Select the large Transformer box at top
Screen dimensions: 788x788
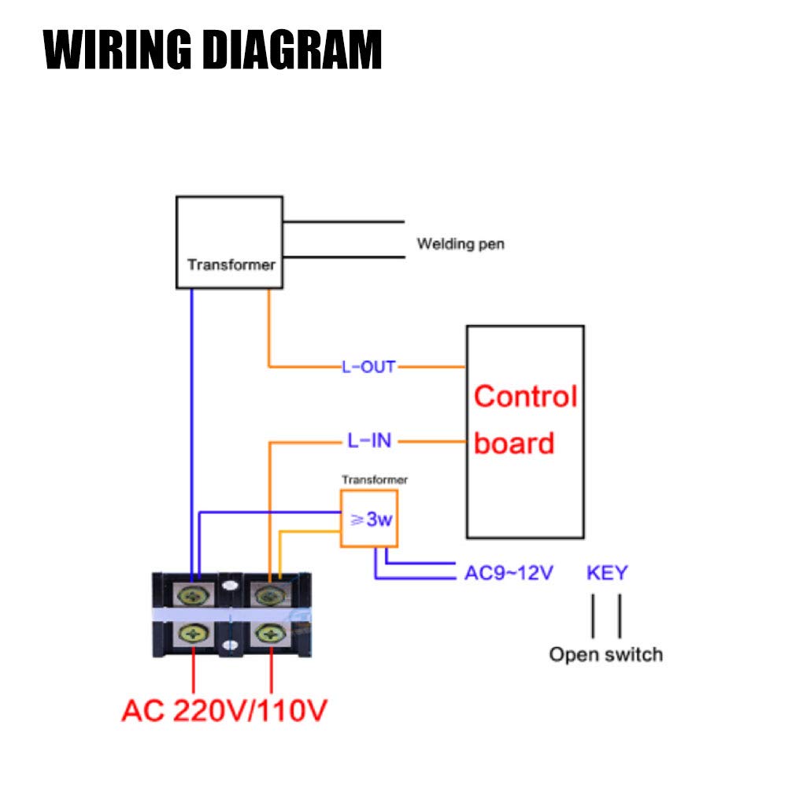229,242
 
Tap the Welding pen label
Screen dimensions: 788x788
461,244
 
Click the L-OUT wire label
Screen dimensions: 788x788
368,367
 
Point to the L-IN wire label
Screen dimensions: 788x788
369,441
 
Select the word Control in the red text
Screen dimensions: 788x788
525,396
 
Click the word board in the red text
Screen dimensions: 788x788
514,443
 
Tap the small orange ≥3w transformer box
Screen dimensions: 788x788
368,519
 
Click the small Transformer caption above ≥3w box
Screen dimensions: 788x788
375,479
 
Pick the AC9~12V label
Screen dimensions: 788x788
509,572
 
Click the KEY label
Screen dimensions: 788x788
607,572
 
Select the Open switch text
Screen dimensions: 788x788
605,654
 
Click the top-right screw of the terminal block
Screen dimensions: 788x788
270,594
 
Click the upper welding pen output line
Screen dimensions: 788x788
343,221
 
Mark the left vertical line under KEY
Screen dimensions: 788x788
593,616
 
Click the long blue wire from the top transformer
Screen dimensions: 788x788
191,433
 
